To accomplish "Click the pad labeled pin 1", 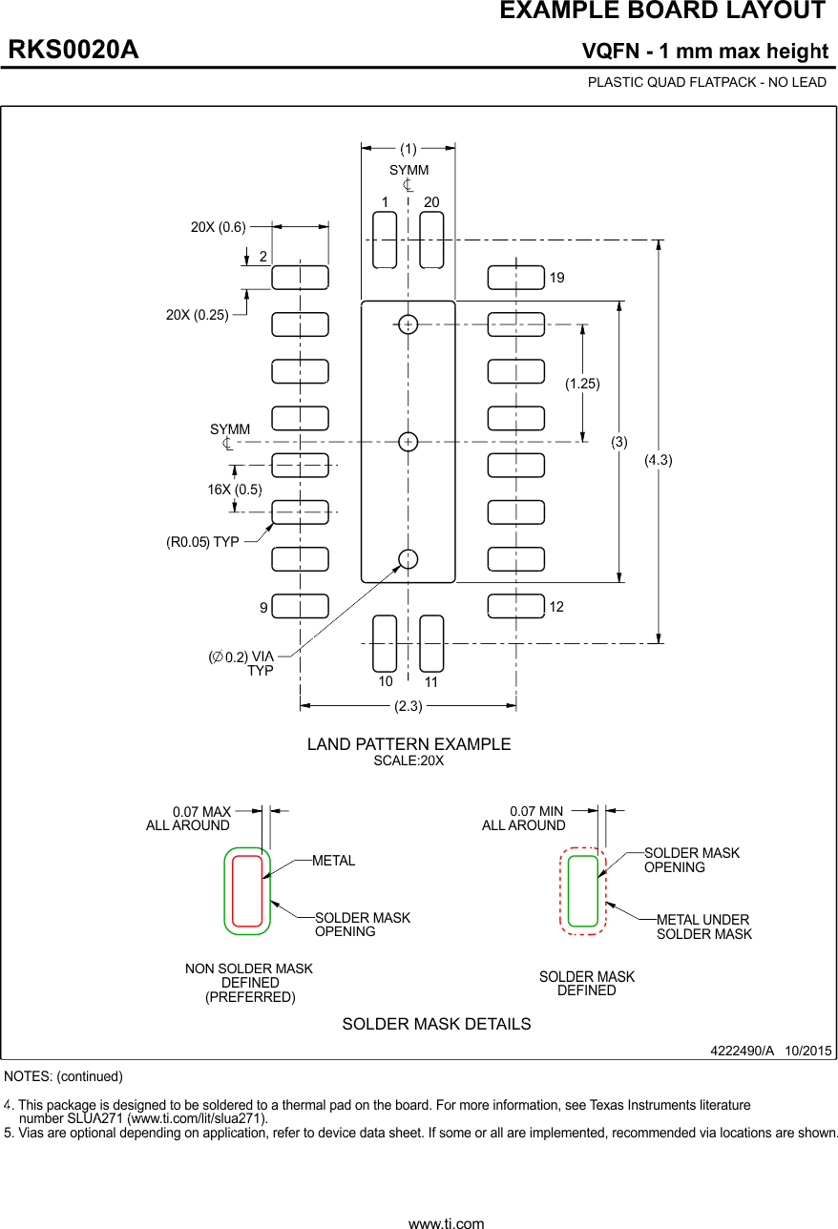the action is (384, 240).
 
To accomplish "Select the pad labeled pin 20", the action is (431, 240).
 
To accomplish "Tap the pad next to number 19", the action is (515, 278).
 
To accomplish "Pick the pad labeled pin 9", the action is (301, 606).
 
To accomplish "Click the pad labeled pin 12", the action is (515, 606).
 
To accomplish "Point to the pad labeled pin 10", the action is (384, 643).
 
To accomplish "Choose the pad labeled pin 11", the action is (431, 643).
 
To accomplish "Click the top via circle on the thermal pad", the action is (408, 324).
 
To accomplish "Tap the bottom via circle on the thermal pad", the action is (408, 559).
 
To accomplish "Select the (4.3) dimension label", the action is (658, 460).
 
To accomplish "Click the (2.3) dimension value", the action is (409, 705).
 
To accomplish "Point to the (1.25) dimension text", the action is (582, 384).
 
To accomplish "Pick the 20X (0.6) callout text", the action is (218, 227).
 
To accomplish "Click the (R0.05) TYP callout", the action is (202, 542).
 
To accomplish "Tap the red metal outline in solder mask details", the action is (247, 891).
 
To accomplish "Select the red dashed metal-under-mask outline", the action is (583, 891).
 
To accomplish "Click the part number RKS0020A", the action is (73, 50).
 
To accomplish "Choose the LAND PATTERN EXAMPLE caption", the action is (409, 744).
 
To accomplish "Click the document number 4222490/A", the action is (742, 1051).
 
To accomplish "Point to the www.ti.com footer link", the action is (446, 1223).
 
